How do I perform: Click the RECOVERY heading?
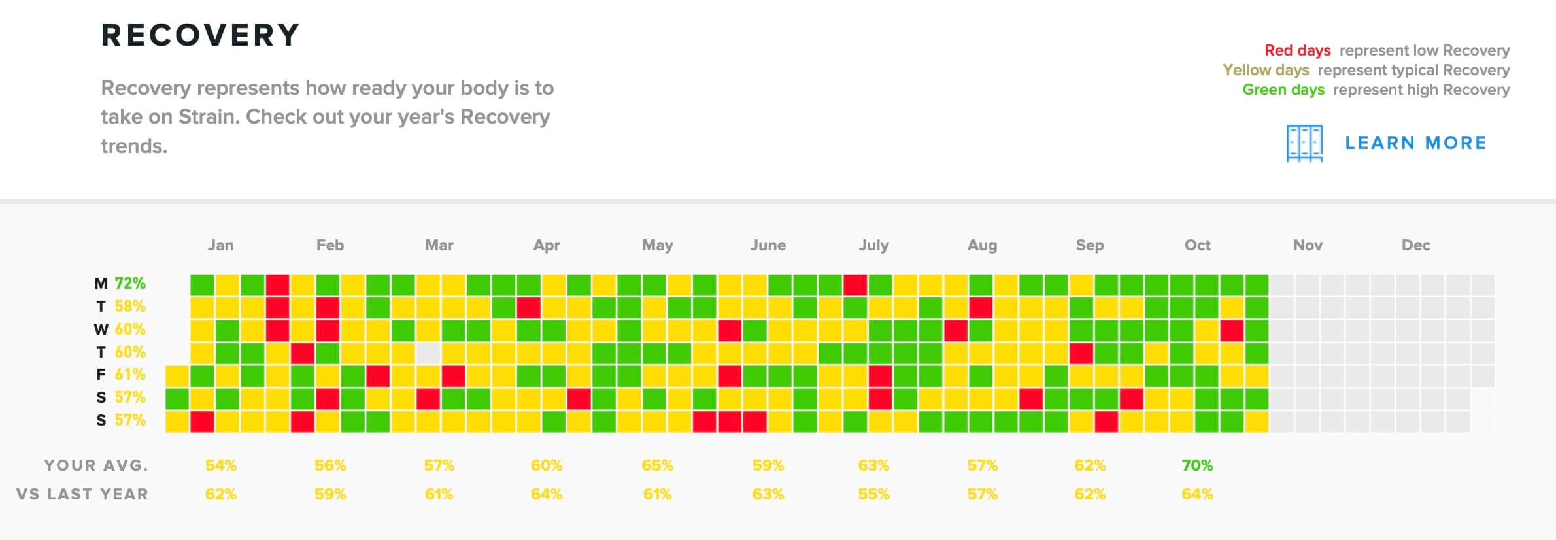(x=200, y=35)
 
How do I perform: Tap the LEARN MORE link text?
(x=1415, y=143)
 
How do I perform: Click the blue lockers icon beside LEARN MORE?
(x=1304, y=143)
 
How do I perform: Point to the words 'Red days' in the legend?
(x=1297, y=50)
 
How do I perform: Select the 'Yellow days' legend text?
(x=1266, y=70)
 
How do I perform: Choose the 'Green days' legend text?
(x=1283, y=90)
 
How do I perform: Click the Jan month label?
(x=220, y=245)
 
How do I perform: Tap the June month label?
(x=768, y=245)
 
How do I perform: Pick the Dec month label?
(x=1415, y=245)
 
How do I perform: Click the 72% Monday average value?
(x=130, y=284)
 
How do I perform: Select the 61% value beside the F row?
(x=130, y=375)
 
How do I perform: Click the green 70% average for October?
(x=1197, y=465)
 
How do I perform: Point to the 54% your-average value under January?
(x=220, y=465)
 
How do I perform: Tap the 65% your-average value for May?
(x=657, y=465)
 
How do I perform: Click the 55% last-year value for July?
(x=873, y=494)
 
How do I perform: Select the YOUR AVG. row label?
(x=96, y=465)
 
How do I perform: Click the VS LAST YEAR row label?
(x=82, y=494)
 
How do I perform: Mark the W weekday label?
(x=101, y=329)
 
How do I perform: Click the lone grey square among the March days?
(x=428, y=353)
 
